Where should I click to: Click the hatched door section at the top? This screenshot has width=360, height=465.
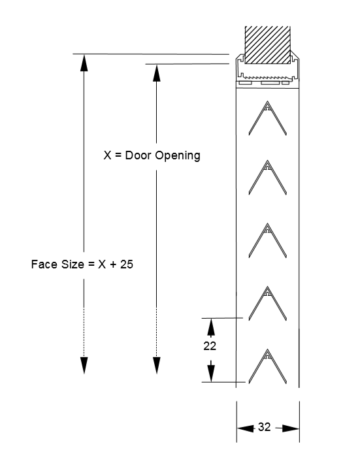(x=267, y=45)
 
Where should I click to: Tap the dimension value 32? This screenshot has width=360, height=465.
(x=264, y=427)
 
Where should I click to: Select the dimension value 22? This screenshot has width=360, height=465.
(x=210, y=345)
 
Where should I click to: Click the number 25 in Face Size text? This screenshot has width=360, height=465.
(x=127, y=265)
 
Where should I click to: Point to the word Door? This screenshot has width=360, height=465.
(x=138, y=155)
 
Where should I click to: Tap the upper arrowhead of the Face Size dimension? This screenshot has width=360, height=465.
(x=84, y=63)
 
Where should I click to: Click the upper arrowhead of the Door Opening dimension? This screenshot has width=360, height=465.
(x=156, y=73)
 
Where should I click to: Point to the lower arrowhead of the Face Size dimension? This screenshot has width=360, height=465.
(x=84, y=365)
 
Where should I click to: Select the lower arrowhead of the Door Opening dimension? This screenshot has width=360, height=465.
(x=156, y=365)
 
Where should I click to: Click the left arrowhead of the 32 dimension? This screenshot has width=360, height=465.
(x=246, y=428)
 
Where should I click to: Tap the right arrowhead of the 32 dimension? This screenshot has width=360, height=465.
(x=291, y=428)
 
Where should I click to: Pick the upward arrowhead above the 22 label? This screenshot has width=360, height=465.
(x=211, y=327)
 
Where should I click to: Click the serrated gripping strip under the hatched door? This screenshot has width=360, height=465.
(x=268, y=77)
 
